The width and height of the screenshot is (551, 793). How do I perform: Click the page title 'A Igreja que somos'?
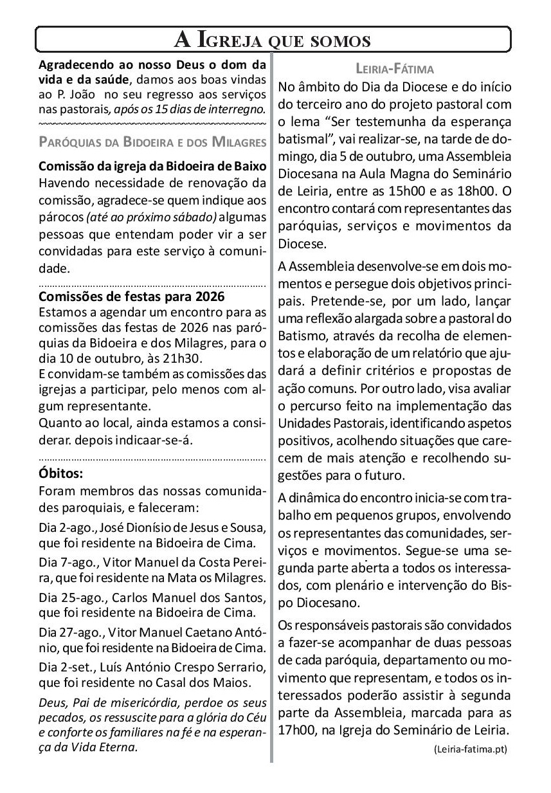coord(273,41)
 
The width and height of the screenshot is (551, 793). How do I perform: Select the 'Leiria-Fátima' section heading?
coord(395,68)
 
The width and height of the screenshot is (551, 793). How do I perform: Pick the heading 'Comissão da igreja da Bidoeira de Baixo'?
coord(152,165)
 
